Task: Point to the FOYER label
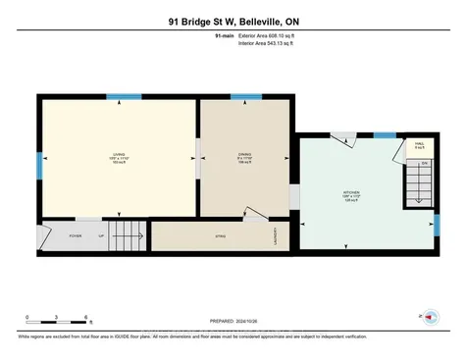[75, 235]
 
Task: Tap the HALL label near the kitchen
[419, 145]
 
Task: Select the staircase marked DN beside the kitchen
[419, 182]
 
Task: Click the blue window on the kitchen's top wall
[385, 134]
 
